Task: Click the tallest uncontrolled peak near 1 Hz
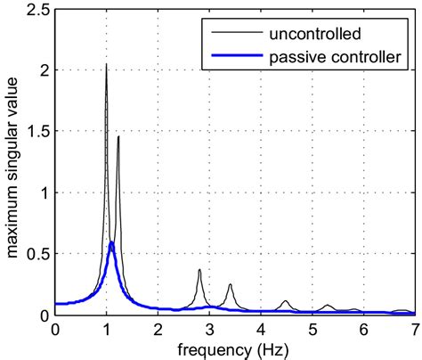pyautogui.click(x=107, y=65)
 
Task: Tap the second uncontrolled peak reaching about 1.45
pyautogui.click(x=118, y=137)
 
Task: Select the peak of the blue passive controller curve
pyautogui.click(x=111, y=242)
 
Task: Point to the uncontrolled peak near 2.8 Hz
pyautogui.click(x=199, y=270)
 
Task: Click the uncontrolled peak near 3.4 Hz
pyautogui.click(x=230, y=285)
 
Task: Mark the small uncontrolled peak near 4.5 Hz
pyautogui.click(x=285, y=301)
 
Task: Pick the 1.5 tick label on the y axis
pyautogui.click(x=37, y=132)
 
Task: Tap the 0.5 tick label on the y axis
pyautogui.click(x=37, y=255)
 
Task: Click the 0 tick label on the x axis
pyautogui.click(x=56, y=329)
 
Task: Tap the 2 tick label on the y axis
pyautogui.click(x=43, y=70)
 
